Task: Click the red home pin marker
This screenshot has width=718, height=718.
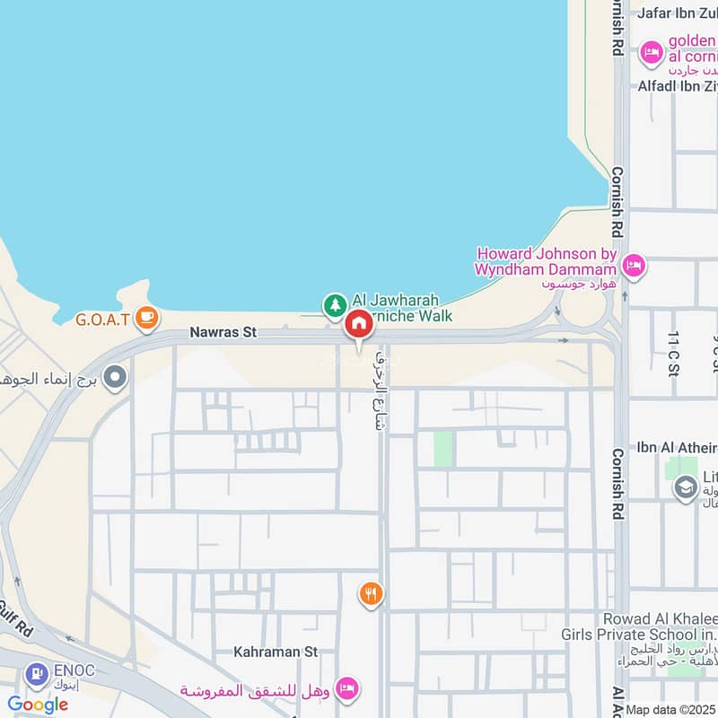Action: pos(358,324)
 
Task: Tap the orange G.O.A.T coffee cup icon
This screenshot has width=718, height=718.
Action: pos(146,317)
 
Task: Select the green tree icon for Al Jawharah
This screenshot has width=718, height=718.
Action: pos(335,305)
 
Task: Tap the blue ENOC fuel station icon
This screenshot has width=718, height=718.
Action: pos(37,670)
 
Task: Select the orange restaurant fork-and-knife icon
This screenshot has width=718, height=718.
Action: pos(371,593)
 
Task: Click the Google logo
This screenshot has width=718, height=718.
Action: pos(38,705)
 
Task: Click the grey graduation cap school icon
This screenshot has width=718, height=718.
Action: pos(686,487)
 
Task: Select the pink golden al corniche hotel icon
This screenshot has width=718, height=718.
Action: pos(651,54)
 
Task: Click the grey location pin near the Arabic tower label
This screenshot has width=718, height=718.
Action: pos(114,378)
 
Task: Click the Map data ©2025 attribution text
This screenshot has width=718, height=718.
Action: pos(670,710)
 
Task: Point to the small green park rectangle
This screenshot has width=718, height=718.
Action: pos(443,449)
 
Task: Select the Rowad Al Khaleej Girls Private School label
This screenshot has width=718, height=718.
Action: pos(661,626)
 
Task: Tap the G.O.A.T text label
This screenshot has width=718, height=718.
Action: pos(103,319)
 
